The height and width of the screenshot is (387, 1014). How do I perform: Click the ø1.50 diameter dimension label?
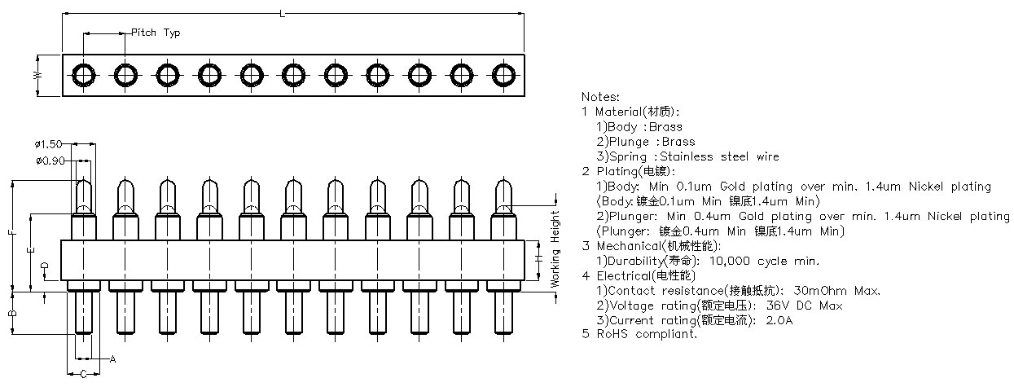(48, 144)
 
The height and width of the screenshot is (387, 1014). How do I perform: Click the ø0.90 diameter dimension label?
(50, 161)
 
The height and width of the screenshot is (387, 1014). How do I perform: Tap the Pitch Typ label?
(156, 33)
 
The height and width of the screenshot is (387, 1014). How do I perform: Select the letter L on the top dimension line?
(282, 14)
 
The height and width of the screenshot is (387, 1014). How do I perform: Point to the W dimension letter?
(38, 75)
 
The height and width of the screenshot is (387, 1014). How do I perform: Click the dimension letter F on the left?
(13, 233)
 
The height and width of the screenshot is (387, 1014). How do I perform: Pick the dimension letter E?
(31, 250)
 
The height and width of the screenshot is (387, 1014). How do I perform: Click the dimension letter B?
(13, 313)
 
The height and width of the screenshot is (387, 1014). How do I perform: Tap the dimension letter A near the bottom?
(112, 359)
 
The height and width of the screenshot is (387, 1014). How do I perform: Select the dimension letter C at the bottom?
(84, 374)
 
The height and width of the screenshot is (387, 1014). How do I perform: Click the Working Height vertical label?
(555, 249)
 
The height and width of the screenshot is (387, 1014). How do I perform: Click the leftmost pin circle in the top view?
(84, 75)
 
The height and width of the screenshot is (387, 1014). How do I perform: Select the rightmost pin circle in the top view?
(503, 75)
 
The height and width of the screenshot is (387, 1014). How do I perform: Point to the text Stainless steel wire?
(719, 156)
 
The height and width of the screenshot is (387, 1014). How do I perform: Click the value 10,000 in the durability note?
(729, 262)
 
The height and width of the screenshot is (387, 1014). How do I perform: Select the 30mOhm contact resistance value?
(820, 291)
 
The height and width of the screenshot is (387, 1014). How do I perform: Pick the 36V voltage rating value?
(776, 306)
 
